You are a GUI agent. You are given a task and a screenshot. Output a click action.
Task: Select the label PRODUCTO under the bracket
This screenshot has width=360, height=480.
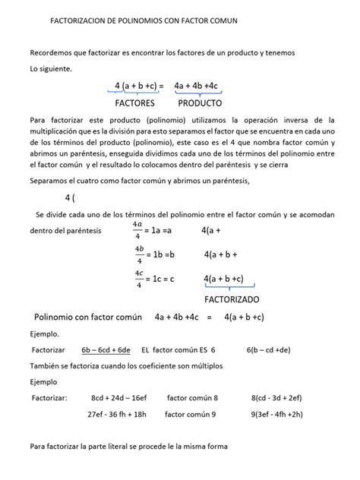201,103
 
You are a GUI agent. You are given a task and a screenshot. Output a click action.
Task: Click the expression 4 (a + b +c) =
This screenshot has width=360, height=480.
140,86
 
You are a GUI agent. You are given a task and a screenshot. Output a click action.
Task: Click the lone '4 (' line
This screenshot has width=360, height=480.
70,197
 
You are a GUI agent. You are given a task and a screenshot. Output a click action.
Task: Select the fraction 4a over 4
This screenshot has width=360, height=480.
137,229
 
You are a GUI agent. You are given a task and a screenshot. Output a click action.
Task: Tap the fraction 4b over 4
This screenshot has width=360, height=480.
137,254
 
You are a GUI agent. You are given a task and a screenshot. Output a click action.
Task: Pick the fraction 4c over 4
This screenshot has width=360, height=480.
137,279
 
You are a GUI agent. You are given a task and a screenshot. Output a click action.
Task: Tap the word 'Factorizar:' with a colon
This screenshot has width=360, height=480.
50,397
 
